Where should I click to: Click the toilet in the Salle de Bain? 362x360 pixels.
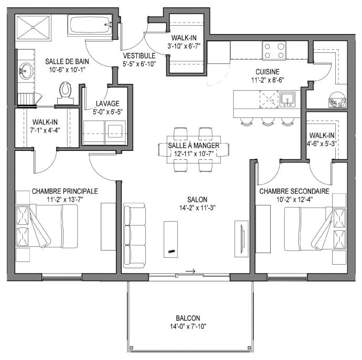click(x=66, y=93)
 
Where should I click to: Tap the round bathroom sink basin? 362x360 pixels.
click(x=26, y=71)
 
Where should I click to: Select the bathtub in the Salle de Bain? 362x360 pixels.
click(x=90, y=25)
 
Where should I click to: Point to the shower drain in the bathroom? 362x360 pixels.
click(x=33, y=27)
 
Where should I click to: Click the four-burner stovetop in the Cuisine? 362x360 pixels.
click(x=274, y=50)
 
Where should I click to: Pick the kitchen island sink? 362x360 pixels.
click(x=287, y=99)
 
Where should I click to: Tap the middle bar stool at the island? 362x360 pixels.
click(x=268, y=121)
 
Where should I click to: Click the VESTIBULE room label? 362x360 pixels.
click(x=139, y=56)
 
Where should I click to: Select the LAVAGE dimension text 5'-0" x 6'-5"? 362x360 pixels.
click(x=108, y=112)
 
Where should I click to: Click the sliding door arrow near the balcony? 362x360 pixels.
click(x=190, y=271)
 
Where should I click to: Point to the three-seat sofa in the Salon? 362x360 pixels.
click(x=135, y=235)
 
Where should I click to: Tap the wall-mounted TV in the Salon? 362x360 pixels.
click(x=242, y=239)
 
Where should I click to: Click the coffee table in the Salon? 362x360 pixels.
click(x=171, y=239)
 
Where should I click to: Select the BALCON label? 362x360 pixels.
click(x=188, y=318)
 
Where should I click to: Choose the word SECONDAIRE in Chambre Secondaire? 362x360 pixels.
click(x=310, y=191)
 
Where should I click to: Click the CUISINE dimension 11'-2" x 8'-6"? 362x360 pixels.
click(x=268, y=80)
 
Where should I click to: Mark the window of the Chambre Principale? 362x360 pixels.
click(x=62, y=277)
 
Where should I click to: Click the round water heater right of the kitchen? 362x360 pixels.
click(x=337, y=100)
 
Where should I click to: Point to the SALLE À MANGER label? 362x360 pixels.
click(x=194, y=145)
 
